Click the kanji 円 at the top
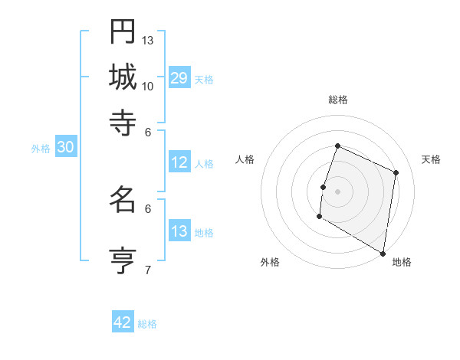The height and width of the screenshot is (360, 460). click(123, 31)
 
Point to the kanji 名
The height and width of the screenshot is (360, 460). click(123, 199)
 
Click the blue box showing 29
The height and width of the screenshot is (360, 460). click(179, 78)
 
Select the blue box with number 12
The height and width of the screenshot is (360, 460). click(179, 162)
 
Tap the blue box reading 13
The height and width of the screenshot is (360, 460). click(179, 232)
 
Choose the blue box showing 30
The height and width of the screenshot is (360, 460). click(65, 148)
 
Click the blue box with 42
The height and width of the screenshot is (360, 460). click(123, 322)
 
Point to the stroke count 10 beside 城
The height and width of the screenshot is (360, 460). click(148, 86)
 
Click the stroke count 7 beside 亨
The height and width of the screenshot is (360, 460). click(148, 270)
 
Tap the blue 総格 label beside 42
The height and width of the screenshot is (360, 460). click(147, 324)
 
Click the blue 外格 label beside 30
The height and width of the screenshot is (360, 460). click(40, 149)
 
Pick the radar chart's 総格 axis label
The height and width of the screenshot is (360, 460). click(337, 100)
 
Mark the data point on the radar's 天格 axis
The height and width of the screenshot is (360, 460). click(396, 172)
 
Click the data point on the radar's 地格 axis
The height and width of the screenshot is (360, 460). click(383, 253)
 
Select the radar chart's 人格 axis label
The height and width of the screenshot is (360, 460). click(245, 159)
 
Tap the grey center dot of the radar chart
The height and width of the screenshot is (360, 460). click(337, 191)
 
